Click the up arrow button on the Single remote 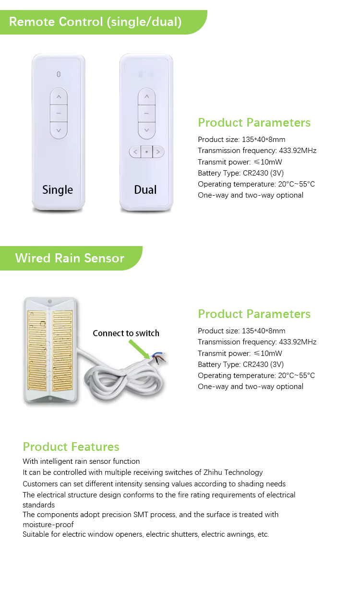tap(59, 97)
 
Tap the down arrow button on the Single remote tap(59, 130)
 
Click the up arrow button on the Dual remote tap(146, 96)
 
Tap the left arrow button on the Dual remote tap(135, 152)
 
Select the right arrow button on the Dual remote tap(158, 152)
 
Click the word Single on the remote tap(58, 190)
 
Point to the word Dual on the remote tap(145, 189)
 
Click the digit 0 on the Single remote tap(59, 74)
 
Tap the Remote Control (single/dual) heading tap(95, 22)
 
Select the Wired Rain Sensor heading tap(70, 258)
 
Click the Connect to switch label tap(126, 333)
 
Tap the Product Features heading tap(71, 447)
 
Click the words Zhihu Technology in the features tap(233, 472)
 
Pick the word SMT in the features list tap(141, 514)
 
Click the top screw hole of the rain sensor tap(50, 301)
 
